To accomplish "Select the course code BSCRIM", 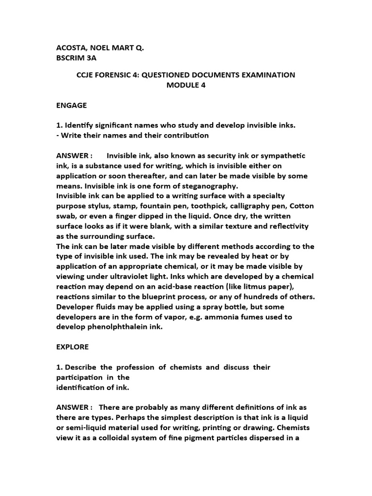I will pos(71,58).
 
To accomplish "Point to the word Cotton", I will pos(301,206).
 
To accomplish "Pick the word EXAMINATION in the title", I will pos(264,75).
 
